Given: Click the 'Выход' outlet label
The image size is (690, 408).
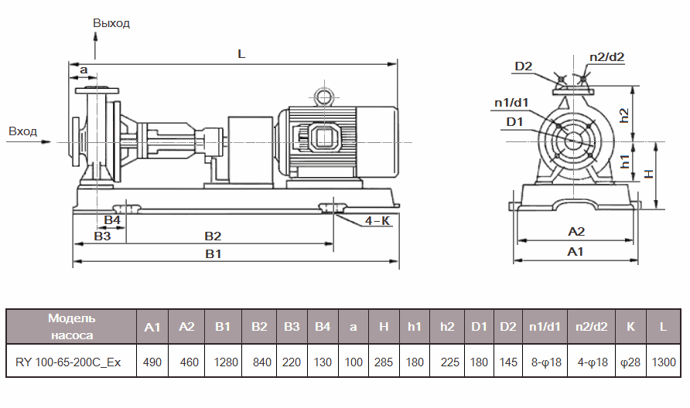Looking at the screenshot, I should coord(111,23).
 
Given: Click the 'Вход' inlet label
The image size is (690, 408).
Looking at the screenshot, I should coord(22,131).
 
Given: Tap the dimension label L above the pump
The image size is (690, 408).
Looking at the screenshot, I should coord(241,55).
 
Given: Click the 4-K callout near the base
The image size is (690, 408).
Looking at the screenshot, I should coord(377,221).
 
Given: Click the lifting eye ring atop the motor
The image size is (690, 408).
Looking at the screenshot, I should coord(321,96).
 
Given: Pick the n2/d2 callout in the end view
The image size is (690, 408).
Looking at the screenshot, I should coord(606,56).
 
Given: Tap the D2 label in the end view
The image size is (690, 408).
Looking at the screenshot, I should coord(524,66).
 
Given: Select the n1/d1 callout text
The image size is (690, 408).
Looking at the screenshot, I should coord(511,102).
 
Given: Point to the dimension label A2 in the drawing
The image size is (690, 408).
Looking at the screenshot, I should coord(576,231).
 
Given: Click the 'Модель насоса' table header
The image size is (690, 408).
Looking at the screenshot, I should coord(71,327).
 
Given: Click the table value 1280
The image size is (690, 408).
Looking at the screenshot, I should coord(224,362).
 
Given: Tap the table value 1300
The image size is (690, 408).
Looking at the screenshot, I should coord(663,362).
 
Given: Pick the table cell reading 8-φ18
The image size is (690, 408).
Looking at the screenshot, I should coord(545,362).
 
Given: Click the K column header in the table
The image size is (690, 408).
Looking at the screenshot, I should coord(630,327).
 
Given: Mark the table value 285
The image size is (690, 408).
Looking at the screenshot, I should coord(384,362).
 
